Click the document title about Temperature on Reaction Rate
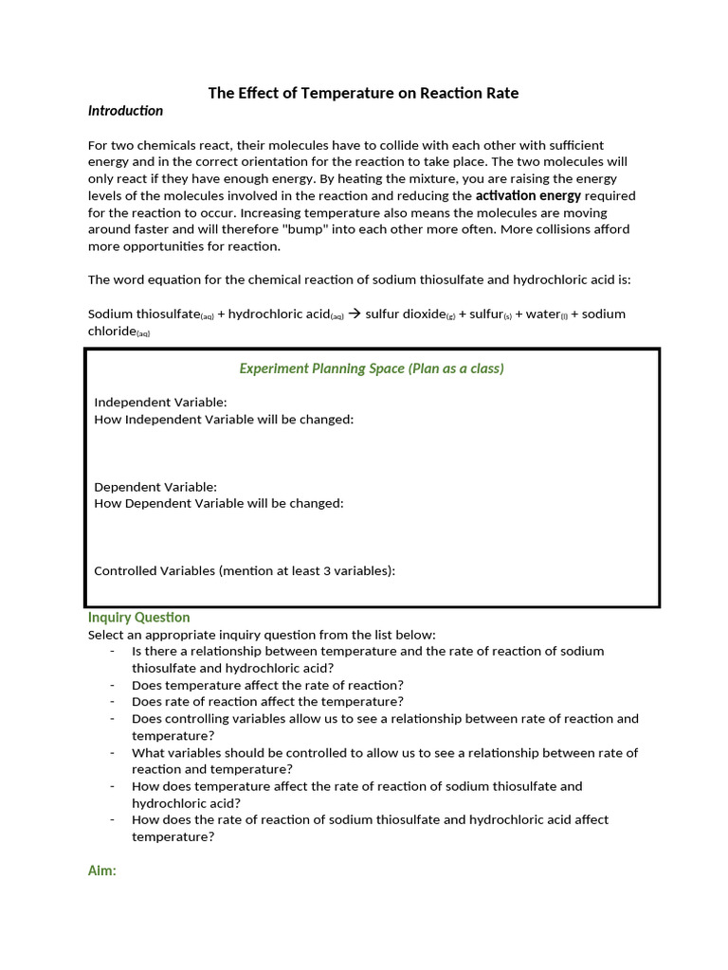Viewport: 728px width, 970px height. click(363, 93)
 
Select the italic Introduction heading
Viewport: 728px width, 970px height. click(125, 111)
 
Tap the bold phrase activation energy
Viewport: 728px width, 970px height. click(528, 195)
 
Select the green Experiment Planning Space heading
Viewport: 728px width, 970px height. click(372, 368)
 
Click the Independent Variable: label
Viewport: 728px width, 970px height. click(160, 403)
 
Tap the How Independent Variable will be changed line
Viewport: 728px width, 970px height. click(224, 420)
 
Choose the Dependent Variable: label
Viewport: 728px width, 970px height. click(155, 487)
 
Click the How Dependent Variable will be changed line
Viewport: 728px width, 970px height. click(219, 504)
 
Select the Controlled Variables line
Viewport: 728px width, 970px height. click(245, 570)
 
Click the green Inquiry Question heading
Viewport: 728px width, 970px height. click(138, 618)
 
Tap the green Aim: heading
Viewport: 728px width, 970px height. click(101, 871)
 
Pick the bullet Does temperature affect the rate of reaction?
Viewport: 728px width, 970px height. click(267, 685)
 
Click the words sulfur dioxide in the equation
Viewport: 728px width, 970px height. click(405, 314)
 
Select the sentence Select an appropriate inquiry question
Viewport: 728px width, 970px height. click(262, 635)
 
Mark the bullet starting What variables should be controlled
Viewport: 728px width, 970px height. click(385, 753)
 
